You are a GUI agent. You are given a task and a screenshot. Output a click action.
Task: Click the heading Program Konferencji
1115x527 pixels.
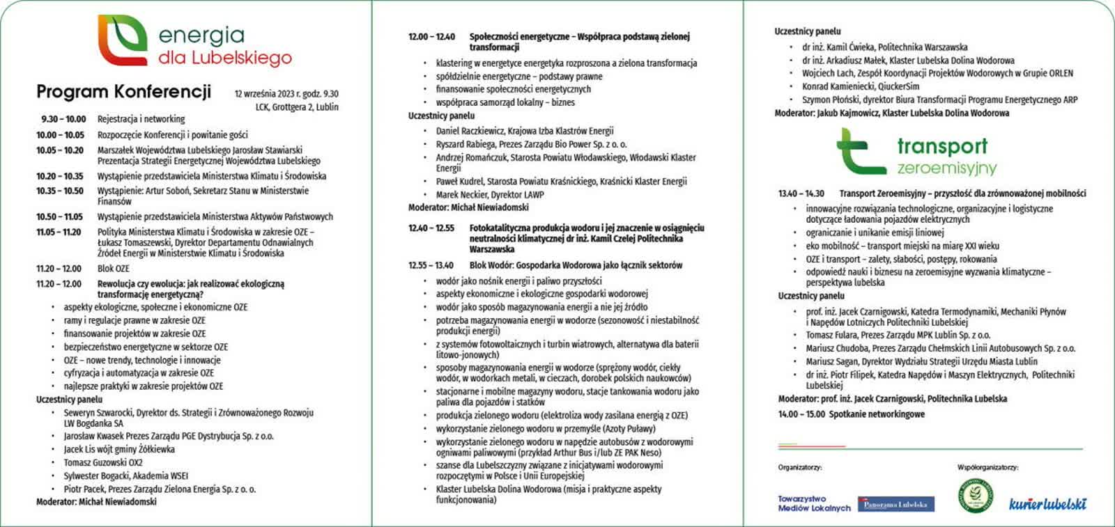(123, 92)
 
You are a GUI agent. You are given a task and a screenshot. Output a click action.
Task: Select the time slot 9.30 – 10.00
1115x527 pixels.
(63, 119)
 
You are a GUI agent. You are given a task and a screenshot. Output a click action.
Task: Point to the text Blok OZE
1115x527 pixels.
(113, 269)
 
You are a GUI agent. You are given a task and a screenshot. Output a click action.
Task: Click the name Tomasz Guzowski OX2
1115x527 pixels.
(103, 463)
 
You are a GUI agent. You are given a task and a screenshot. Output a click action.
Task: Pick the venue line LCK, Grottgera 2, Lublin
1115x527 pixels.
(296, 107)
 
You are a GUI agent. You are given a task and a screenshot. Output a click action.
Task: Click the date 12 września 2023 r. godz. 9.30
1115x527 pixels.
(286, 94)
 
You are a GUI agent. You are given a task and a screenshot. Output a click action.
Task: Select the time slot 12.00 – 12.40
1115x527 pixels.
(431, 37)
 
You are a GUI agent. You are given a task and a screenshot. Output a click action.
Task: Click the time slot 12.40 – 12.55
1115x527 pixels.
(431, 228)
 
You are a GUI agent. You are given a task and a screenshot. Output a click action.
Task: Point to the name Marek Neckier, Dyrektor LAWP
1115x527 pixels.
(490, 195)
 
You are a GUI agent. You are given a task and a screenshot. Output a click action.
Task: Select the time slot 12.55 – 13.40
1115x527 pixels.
(431, 265)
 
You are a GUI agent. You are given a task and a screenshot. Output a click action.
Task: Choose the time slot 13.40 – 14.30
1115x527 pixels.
(801, 194)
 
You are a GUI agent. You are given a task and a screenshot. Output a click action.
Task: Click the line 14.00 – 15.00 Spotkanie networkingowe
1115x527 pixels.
(851, 414)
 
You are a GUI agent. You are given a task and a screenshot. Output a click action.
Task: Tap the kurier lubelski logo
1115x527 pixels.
(1047, 503)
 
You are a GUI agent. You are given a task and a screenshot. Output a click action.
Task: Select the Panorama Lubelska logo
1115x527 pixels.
(895, 504)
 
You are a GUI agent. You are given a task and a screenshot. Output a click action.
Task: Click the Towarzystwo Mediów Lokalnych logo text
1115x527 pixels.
(813, 503)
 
